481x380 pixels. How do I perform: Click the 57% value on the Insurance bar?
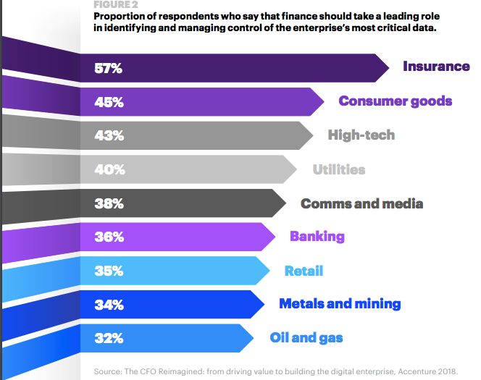pos(109,69)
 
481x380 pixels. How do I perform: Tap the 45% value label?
pos(109,103)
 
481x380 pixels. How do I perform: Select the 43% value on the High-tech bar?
pos(109,136)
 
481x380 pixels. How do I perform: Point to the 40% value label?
pos(109,170)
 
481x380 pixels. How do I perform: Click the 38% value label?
pos(109,204)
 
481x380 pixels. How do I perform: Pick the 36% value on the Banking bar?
pos(109,237)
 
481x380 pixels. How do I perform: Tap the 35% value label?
pos(109,271)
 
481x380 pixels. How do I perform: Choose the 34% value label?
pos(109,305)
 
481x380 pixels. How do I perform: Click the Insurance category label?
pos(436,67)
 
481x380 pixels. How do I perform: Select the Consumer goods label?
pos(395,101)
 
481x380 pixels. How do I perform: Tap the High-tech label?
pos(361,135)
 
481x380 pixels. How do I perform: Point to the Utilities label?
pos(338,170)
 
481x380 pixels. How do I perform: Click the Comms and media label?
pos(361,203)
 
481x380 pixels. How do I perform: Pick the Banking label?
pos(317,237)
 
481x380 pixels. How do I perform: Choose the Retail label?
pos(304,271)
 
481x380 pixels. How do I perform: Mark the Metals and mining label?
pos(339,304)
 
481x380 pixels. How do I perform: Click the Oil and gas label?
pos(306,338)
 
